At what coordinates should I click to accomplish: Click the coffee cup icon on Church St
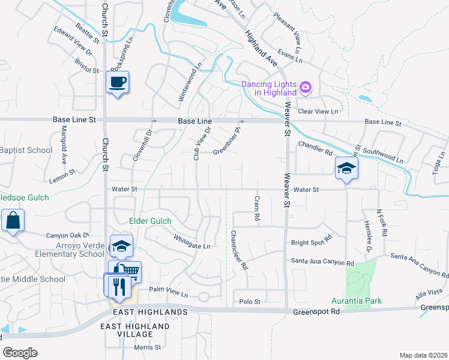[x=117, y=82]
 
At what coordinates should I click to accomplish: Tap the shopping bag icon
[x=13, y=220]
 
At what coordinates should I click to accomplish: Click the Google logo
[x=20, y=352]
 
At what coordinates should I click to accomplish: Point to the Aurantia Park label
[x=357, y=301]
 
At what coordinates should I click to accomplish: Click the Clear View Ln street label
[x=318, y=112]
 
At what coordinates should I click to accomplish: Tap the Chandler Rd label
[x=315, y=146]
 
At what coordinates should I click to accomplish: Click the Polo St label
[x=250, y=301]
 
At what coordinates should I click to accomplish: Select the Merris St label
[x=148, y=347]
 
